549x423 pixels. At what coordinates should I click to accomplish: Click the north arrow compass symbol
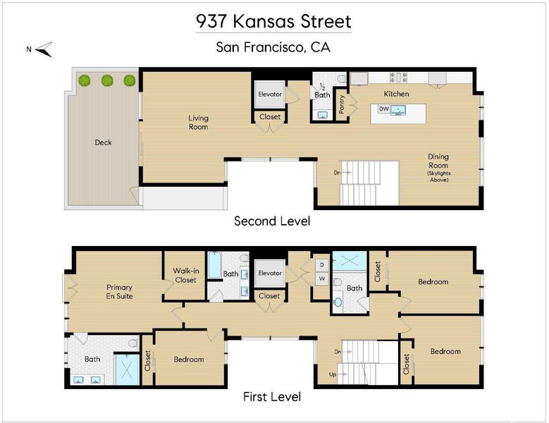pyautogui.click(x=44, y=49)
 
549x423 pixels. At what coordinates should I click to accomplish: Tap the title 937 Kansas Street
pyautogui.click(x=273, y=21)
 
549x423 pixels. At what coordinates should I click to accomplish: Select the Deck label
pyautogui.click(x=104, y=142)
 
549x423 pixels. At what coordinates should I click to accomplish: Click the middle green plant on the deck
pyautogui.click(x=107, y=80)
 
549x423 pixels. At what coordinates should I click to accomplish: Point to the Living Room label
pyautogui.click(x=199, y=123)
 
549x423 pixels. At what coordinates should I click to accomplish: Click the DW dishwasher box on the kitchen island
pyautogui.click(x=384, y=109)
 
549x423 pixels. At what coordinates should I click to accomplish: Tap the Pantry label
pyautogui.click(x=342, y=104)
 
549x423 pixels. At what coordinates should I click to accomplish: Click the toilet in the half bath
pyautogui.click(x=341, y=80)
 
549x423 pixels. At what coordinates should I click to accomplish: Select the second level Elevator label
pyautogui.click(x=270, y=94)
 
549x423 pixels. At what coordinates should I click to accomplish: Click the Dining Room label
pyautogui.click(x=438, y=161)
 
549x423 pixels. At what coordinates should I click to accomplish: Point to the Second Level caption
pyautogui.click(x=272, y=221)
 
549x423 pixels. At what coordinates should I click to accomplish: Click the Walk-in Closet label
pyautogui.click(x=186, y=275)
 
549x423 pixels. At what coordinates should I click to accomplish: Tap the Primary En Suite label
pyautogui.click(x=119, y=292)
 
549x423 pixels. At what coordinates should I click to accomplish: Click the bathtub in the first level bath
pyautogui.click(x=214, y=265)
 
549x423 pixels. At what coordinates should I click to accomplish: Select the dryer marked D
pyautogui.click(x=322, y=265)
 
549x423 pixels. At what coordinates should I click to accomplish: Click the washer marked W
pyautogui.click(x=322, y=278)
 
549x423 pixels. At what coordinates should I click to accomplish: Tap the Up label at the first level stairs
pyautogui.click(x=333, y=374)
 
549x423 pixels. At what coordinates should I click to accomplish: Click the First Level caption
pyautogui.click(x=272, y=397)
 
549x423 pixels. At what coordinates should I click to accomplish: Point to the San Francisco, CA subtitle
pyautogui.click(x=273, y=47)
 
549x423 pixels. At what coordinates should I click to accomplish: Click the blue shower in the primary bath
pyautogui.click(x=128, y=370)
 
